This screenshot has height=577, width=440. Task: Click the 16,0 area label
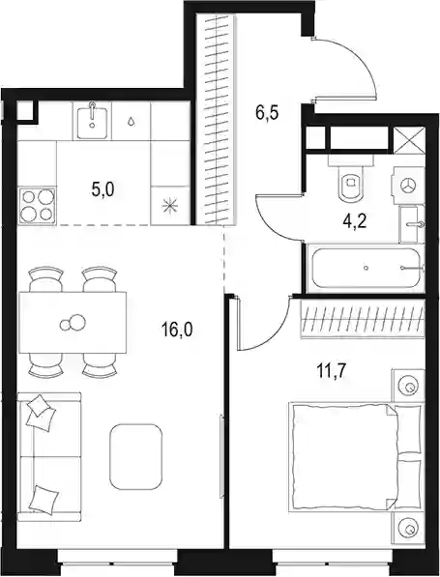coord(177,329)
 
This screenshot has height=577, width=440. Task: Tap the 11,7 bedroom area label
coord(331,372)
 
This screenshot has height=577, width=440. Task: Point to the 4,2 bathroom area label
coord(353,222)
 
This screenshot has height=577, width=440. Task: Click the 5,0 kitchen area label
coord(103,189)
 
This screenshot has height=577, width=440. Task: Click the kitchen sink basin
coord(92,121)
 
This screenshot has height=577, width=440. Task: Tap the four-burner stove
coord(38,205)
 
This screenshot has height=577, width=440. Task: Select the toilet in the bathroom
coord(350,178)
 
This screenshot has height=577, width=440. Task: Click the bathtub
coord(366,268)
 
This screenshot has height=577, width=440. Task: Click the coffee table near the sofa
coord(135,456)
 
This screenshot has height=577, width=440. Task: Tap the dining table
coord(73,323)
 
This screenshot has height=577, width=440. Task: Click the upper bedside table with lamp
coord(408,386)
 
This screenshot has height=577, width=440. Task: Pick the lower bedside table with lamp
coord(408,529)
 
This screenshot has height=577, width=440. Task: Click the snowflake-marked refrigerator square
coord(170,205)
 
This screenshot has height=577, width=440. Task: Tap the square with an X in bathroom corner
coord(409,139)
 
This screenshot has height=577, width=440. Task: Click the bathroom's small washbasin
coord(412,223)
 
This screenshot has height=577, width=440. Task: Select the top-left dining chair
coord(45,279)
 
